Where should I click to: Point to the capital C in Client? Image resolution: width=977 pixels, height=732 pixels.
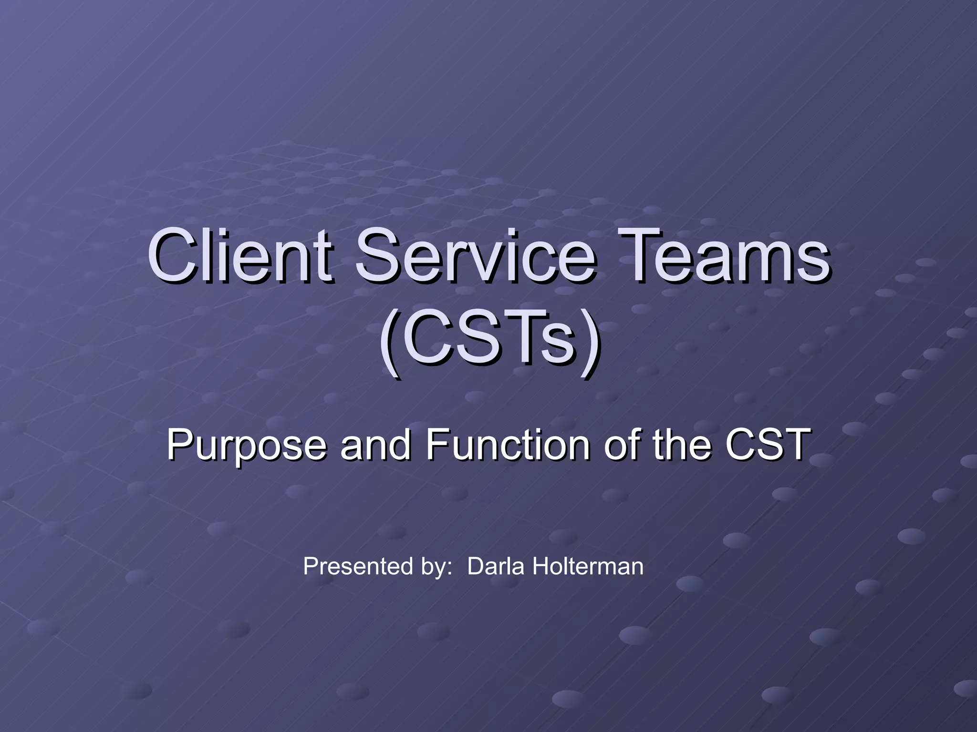[x=172, y=256]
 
